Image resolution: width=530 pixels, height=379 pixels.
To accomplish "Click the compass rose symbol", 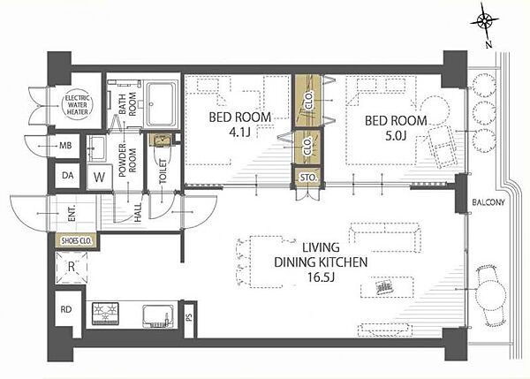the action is click(485, 22).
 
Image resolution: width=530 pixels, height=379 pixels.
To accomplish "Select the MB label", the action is click(65, 146).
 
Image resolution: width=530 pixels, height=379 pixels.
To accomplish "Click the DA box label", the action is click(68, 176).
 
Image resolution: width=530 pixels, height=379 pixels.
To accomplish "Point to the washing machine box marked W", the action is click(99, 177).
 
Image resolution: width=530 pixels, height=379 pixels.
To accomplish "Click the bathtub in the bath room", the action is click(163, 104).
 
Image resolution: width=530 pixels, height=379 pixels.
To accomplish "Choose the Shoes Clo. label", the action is click(76, 241).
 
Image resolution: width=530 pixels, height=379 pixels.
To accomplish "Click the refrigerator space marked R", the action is click(72, 268).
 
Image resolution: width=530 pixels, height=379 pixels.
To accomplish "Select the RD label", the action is click(66, 309).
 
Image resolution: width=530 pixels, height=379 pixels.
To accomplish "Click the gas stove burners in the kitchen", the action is click(105, 314).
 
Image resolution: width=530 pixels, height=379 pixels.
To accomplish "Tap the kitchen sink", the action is click(158, 315).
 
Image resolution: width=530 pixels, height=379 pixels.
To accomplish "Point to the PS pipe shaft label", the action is click(189, 317).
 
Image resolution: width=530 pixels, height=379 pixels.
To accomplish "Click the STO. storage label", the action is click(308, 178).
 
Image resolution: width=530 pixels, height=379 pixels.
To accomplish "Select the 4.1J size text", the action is click(239, 133).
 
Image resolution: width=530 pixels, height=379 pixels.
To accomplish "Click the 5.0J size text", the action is click(396, 135).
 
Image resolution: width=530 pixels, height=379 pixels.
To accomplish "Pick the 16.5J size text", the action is click(321, 277).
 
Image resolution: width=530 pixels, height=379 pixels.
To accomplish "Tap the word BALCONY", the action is click(488, 202).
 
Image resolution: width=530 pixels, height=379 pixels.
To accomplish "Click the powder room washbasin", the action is click(96, 148).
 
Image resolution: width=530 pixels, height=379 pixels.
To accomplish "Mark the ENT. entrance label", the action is click(72, 214).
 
